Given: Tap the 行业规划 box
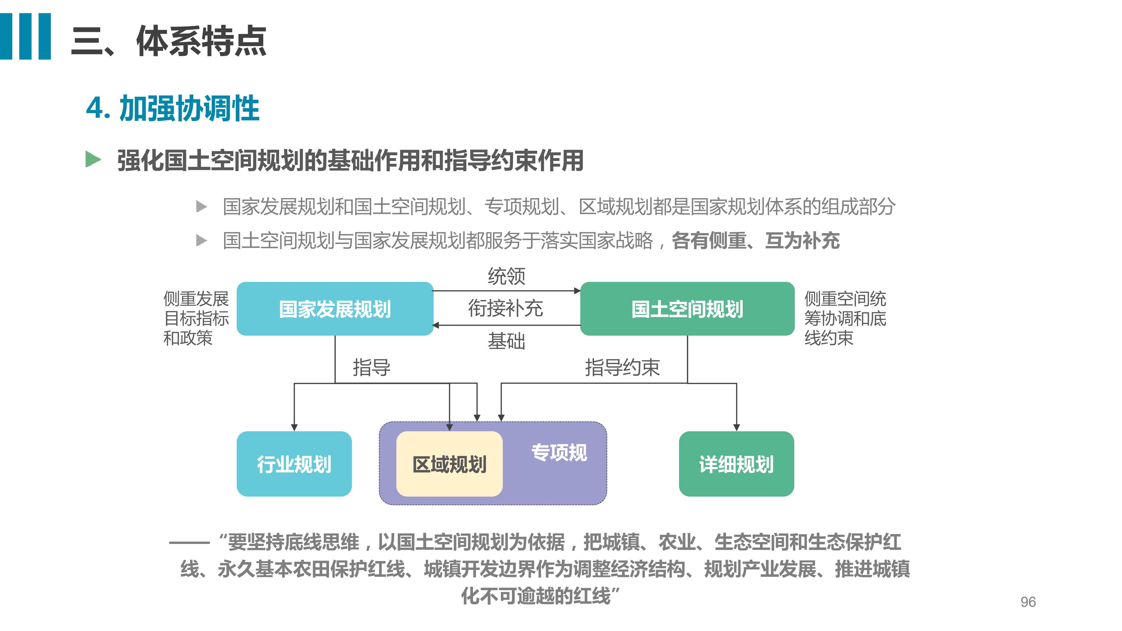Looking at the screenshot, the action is click(294, 464).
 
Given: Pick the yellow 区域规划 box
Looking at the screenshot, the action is click(449, 464).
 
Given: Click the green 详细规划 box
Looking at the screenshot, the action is click(737, 464).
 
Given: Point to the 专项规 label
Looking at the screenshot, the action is click(559, 452).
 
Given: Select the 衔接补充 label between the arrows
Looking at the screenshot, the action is click(506, 308).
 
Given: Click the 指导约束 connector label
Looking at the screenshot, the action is click(622, 367).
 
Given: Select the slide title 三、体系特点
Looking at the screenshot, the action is click(169, 41).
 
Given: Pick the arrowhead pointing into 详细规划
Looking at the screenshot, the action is click(737, 428).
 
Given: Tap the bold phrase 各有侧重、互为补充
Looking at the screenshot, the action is click(756, 240).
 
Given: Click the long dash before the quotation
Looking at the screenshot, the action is click(189, 542).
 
